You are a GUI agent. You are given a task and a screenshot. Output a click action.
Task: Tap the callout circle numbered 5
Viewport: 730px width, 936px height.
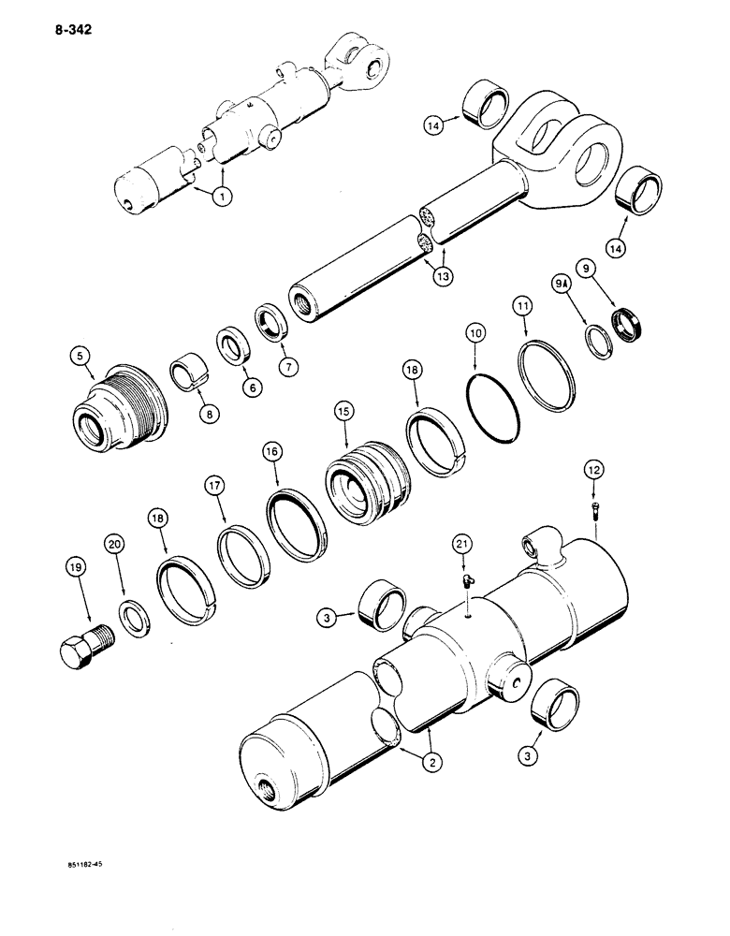click(80, 356)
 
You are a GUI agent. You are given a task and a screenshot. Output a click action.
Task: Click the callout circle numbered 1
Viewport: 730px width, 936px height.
click(222, 197)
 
